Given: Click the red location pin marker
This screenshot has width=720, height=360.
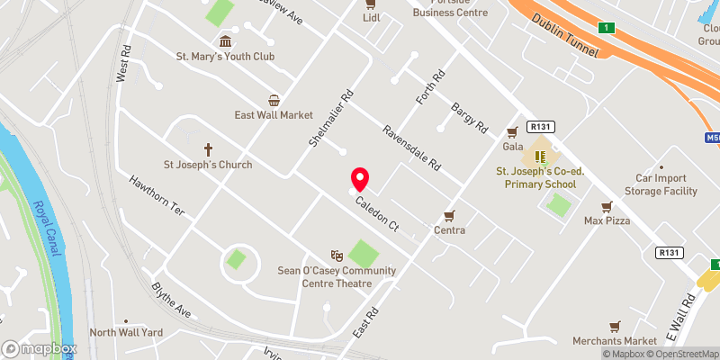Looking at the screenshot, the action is (x=360, y=178).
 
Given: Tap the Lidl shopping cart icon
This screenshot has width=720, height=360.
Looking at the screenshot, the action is (x=370, y=4).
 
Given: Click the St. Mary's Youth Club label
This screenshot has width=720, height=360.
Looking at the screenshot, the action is (x=225, y=56).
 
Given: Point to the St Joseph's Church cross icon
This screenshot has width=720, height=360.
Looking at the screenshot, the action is (x=207, y=149).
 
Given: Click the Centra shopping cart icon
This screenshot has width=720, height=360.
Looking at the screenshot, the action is (x=449, y=216).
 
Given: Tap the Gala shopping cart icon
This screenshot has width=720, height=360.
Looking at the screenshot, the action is (x=512, y=131).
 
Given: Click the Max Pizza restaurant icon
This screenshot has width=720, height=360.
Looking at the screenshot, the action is (x=607, y=206).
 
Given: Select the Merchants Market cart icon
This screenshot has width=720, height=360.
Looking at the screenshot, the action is (x=616, y=326).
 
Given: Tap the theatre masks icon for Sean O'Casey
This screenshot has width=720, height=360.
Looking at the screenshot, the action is (x=337, y=256).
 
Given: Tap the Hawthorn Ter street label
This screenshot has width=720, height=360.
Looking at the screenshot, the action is (x=157, y=195).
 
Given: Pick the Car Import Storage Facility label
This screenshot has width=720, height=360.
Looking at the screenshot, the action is (x=666, y=184).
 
